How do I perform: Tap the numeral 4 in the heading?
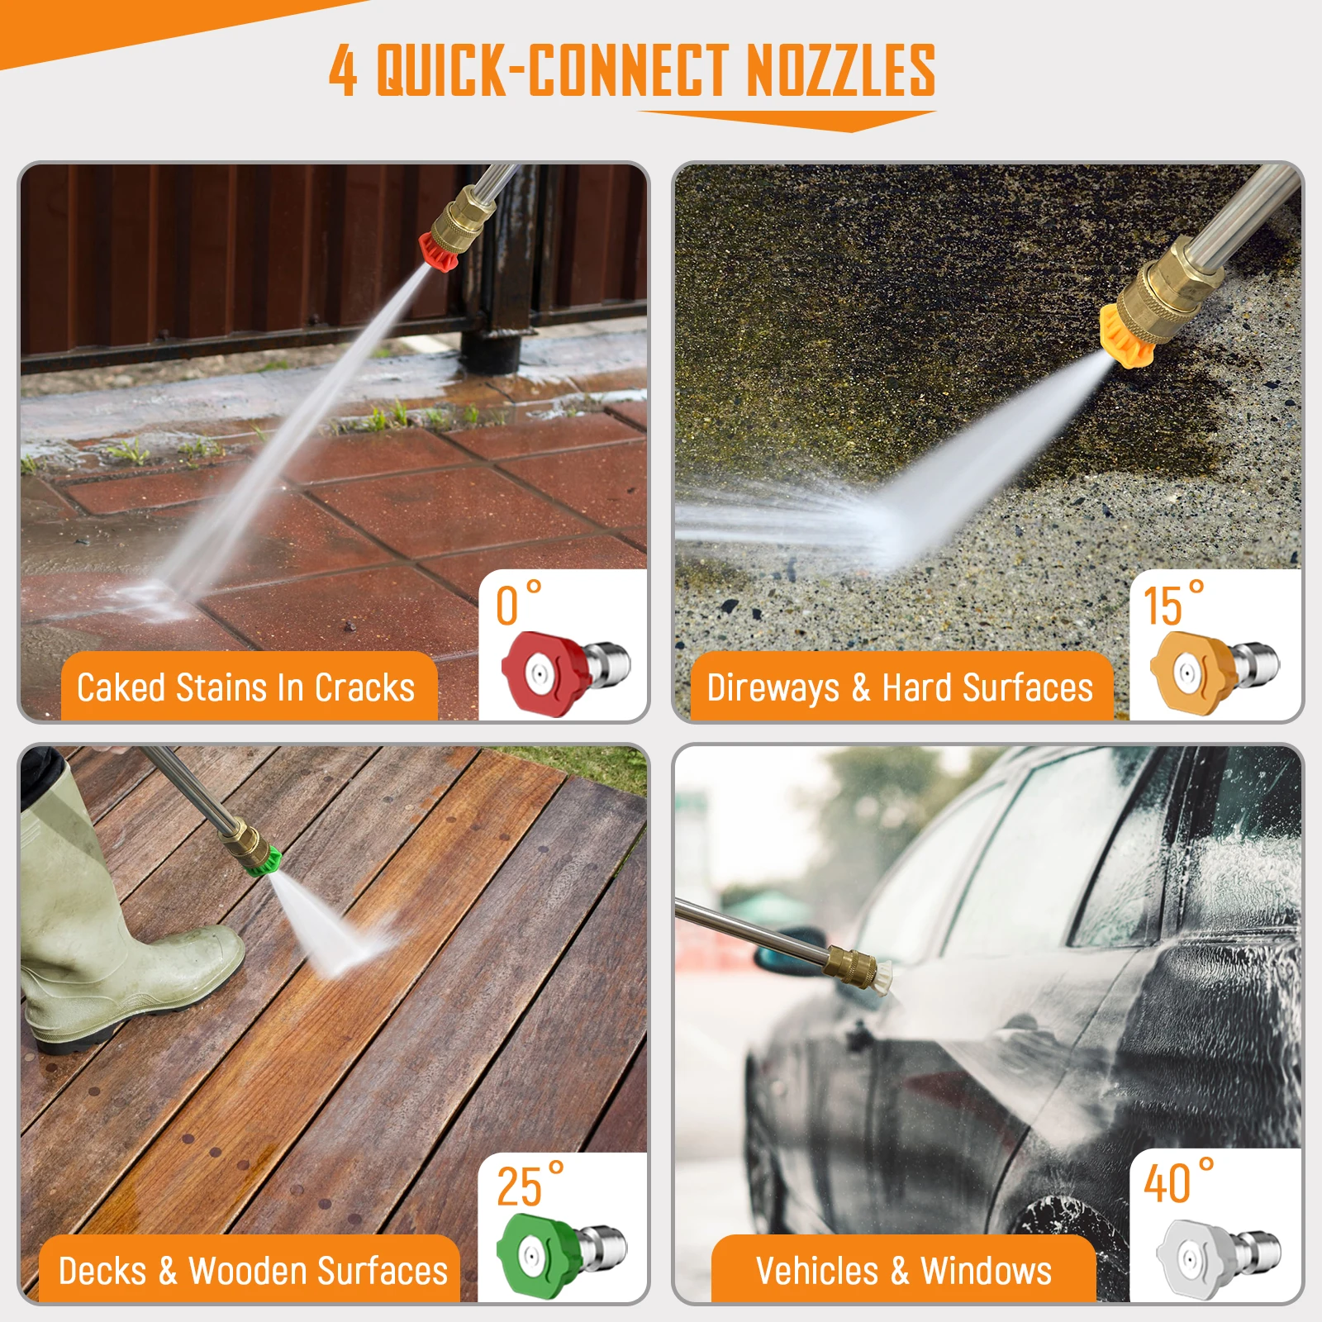coord(343,70)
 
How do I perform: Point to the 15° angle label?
coord(1173,604)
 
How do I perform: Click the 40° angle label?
coord(1178,1182)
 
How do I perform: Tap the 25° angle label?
coord(530,1186)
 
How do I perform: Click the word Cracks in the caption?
coord(364,688)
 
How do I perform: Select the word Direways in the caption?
coord(773,688)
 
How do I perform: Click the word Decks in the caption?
coord(102,1271)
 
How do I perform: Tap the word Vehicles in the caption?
coord(816,1271)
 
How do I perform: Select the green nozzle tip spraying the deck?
coord(265,862)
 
